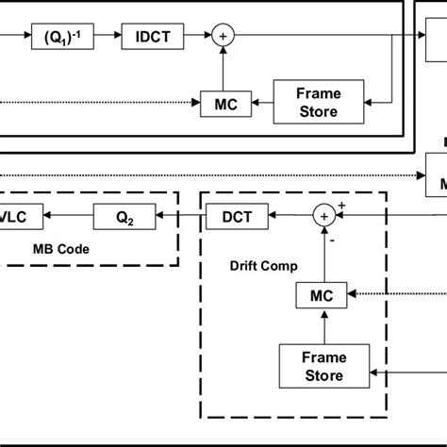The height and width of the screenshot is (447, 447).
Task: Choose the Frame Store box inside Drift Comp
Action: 323,367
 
